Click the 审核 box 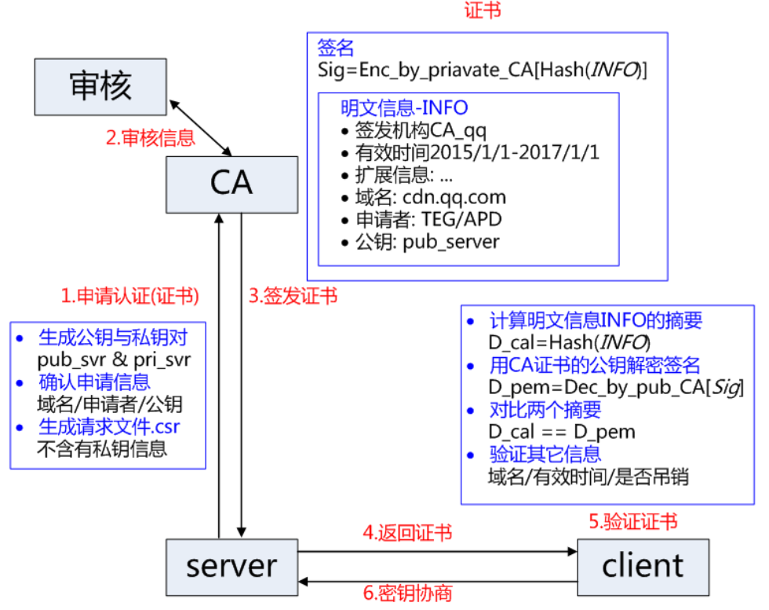100,86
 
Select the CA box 231,183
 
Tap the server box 231,566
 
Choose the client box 643,566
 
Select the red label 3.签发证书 293,296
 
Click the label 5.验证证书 632,521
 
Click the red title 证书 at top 482,10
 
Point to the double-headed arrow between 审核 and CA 201,127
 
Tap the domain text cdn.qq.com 454,197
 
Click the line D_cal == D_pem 561,431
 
